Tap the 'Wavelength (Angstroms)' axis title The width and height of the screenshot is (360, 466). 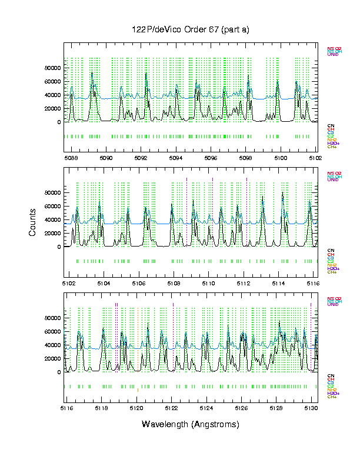(x=191, y=424)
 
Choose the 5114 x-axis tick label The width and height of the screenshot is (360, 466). (x=278, y=283)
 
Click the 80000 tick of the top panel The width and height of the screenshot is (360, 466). (x=52, y=68)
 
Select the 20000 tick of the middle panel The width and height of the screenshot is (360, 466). (x=52, y=234)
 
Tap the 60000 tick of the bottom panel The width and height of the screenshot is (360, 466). (x=52, y=331)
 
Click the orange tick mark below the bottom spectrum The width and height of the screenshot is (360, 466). (x=137, y=390)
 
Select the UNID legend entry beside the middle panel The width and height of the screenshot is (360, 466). (x=332, y=179)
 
